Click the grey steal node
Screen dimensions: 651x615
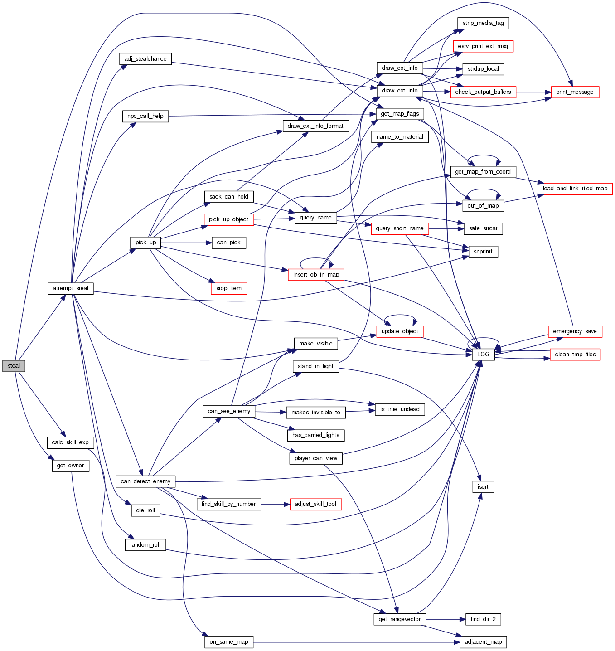point(14,366)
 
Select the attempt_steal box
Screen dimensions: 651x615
point(70,288)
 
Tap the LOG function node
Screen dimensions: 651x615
point(483,355)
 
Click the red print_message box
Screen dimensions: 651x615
point(575,92)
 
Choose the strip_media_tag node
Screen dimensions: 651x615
point(483,23)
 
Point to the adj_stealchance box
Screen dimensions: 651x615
point(145,59)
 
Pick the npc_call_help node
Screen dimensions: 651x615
point(145,116)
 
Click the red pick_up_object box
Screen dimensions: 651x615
point(228,219)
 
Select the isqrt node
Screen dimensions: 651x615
point(483,487)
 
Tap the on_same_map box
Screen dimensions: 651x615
point(229,642)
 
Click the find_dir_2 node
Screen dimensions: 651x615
point(483,619)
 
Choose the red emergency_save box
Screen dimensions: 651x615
point(575,331)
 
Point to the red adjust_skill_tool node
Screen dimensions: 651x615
point(315,504)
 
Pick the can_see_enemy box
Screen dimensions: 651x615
point(229,411)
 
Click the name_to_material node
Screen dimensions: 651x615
point(400,137)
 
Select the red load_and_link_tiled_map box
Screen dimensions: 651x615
point(575,189)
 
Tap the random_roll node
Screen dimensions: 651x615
point(145,545)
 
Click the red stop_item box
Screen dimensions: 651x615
point(229,288)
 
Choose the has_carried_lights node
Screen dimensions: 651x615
point(316,435)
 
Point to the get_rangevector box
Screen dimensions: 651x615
point(400,619)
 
